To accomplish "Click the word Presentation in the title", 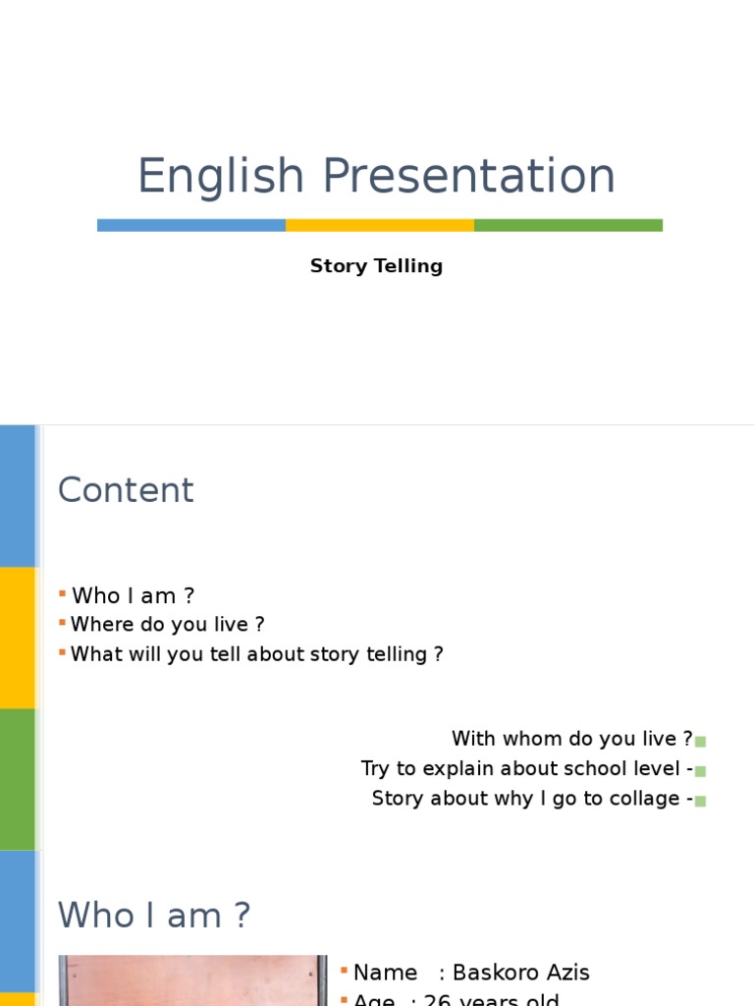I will (x=468, y=177).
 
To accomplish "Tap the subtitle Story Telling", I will (x=376, y=266).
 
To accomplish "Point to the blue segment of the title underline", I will (x=191, y=225).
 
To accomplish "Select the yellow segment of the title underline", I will (x=380, y=225).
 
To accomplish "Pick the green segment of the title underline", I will (x=568, y=225).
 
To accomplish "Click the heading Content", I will (x=126, y=490).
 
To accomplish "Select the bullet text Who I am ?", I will (x=134, y=595).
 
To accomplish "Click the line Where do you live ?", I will (x=168, y=625).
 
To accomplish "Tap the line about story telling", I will (x=257, y=654).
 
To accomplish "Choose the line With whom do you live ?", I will (x=571, y=739).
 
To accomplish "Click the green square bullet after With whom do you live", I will (x=701, y=742).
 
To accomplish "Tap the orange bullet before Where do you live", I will (x=62, y=623).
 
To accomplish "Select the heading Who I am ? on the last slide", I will (x=154, y=916).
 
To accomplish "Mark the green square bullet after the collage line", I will (x=701, y=801).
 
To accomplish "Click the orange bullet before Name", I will (x=344, y=971).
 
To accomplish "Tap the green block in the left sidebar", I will (x=18, y=778).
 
